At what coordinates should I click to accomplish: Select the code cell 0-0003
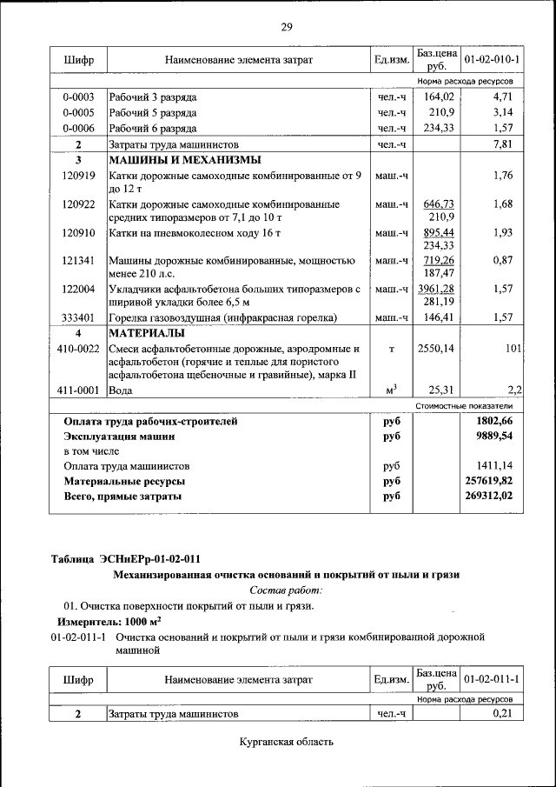click(x=78, y=97)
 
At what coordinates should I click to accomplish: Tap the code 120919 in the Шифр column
click(x=78, y=176)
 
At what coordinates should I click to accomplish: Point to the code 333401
click(x=78, y=318)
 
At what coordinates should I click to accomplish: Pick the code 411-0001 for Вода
click(x=78, y=390)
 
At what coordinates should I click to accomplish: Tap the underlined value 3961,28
click(x=436, y=289)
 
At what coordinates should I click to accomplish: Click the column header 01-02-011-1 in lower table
click(x=492, y=678)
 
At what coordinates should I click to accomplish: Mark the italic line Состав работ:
click(x=286, y=590)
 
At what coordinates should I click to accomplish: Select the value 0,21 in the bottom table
click(x=505, y=714)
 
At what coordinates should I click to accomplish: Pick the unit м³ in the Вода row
click(x=391, y=390)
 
